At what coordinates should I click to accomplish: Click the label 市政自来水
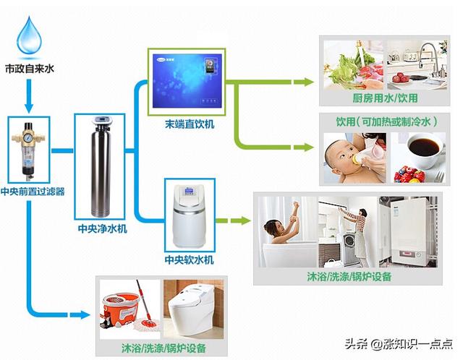tap(29, 69)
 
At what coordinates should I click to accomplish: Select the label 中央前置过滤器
tap(33, 192)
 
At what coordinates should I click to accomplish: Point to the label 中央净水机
tap(103, 228)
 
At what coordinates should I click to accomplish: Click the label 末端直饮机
tap(190, 124)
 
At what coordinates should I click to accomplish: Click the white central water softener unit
tap(189, 215)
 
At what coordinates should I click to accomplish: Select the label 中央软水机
tap(190, 260)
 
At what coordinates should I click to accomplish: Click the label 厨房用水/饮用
tap(385, 98)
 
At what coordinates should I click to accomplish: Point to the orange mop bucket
tap(119, 310)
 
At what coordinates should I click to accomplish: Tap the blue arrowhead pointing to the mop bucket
tap(85, 314)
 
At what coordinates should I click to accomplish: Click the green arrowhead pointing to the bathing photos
tap(245, 220)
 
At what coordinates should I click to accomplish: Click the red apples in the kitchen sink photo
tap(400, 78)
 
